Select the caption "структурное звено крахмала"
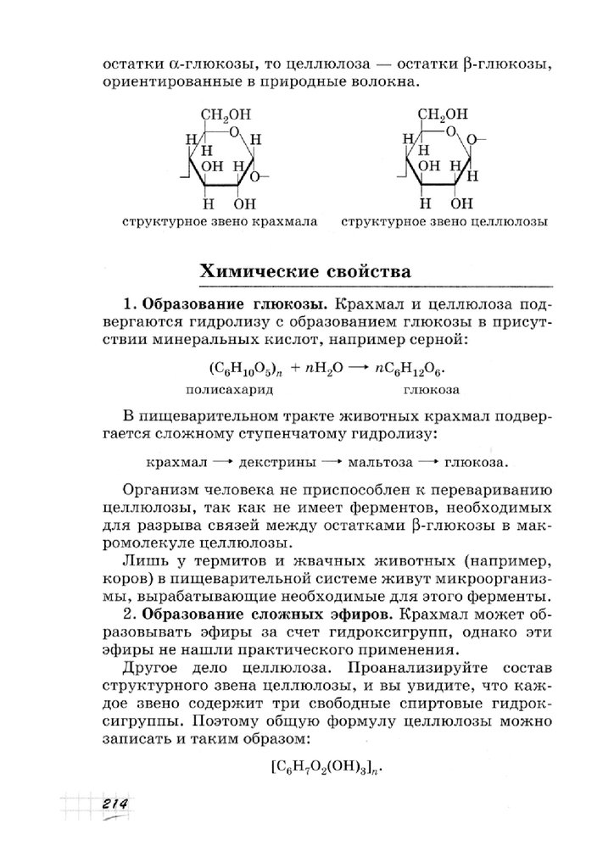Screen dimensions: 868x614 click(x=220, y=223)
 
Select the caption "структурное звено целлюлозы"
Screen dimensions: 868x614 click(x=444, y=223)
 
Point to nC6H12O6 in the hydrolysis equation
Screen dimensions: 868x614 click(x=413, y=371)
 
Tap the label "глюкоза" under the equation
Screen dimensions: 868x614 click(x=431, y=391)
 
